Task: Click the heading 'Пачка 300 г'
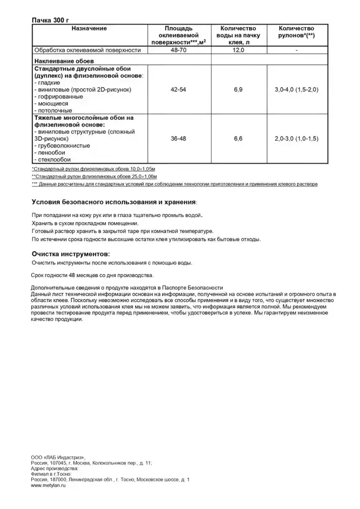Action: tap(50, 20)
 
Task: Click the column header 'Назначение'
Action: tap(89, 28)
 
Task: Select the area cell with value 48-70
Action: tap(179, 50)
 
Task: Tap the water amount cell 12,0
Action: tap(238, 50)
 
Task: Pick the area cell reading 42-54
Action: tap(179, 90)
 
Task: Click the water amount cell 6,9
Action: tap(238, 90)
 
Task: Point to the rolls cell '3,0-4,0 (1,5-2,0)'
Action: tap(296, 90)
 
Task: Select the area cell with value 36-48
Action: tap(179, 139)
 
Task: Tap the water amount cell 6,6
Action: tap(238, 139)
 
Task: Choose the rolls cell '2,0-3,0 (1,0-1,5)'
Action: tap(296, 139)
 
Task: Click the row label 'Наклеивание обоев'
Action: tap(64, 61)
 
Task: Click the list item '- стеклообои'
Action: tap(53, 159)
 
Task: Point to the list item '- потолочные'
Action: tap(53, 111)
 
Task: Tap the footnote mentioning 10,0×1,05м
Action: tap(94, 169)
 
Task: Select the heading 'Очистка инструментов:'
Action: tap(71, 254)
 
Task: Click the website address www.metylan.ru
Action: tap(48, 485)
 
